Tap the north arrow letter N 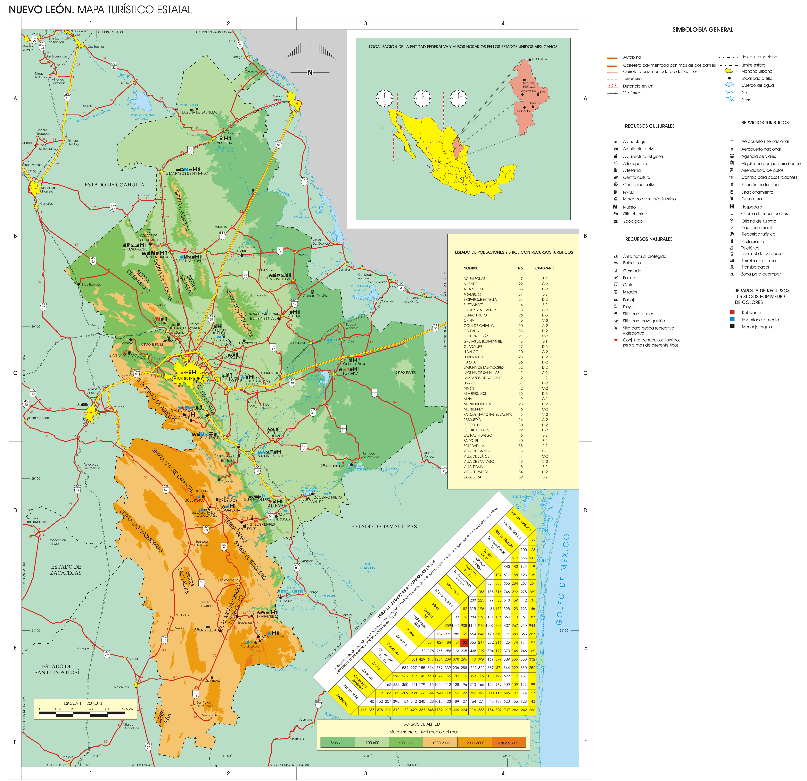point(310,72)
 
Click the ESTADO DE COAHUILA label point(114,185)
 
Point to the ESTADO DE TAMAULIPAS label point(384,526)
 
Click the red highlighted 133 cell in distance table point(464,642)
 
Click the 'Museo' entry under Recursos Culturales point(629,207)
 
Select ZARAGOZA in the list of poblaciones point(472,477)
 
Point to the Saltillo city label point(83,405)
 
